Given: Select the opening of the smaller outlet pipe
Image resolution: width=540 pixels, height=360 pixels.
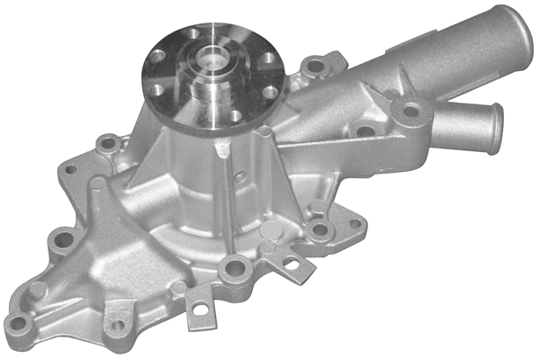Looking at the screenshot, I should pyautogui.click(x=495, y=128).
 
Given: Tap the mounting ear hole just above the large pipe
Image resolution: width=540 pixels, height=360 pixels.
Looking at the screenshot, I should pyautogui.click(x=314, y=66).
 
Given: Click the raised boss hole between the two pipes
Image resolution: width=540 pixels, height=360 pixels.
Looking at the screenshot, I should pyautogui.click(x=411, y=112).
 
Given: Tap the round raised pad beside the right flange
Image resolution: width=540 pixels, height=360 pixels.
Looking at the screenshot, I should pyautogui.click(x=267, y=246).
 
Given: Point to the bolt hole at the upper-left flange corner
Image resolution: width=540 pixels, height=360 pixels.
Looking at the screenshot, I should pyautogui.click(x=108, y=142).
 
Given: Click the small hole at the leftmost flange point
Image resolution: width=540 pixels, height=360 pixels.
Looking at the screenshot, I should pyautogui.click(x=70, y=168).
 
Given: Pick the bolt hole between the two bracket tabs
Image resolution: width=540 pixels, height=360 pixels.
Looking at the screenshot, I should pyautogui.click(x=237, y=265).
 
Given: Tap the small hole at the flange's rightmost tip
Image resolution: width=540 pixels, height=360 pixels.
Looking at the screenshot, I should pyautogui.click(x=355, y=223).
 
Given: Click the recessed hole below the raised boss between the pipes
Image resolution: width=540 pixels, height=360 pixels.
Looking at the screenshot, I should pyautogui.click(x=364, y=131).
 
